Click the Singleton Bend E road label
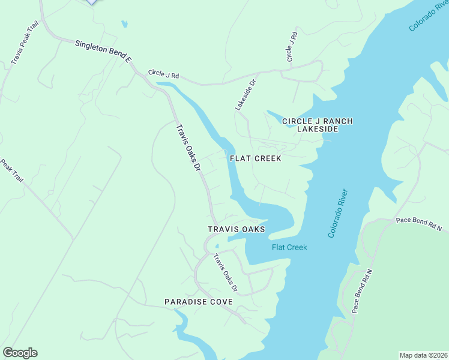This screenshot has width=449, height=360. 103,52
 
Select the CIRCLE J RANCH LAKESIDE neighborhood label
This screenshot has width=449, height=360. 317,125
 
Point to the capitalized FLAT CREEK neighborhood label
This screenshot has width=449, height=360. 256,158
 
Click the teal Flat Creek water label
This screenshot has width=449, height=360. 289,247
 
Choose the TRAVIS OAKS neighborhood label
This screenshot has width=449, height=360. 236,229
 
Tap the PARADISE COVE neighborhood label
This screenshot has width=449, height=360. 198,302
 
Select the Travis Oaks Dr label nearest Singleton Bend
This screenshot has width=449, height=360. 187,148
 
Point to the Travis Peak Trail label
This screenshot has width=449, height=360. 25,44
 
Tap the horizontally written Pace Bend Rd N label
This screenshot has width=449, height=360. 419,224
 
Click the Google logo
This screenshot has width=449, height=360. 20,353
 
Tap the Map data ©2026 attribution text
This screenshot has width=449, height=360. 423,355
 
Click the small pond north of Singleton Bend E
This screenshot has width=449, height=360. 124,25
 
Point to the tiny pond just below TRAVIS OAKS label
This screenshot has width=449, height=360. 217,245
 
